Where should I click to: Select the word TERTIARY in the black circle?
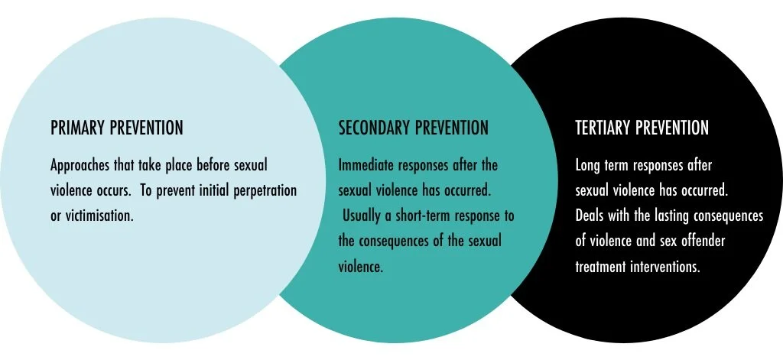pos(605,128)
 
